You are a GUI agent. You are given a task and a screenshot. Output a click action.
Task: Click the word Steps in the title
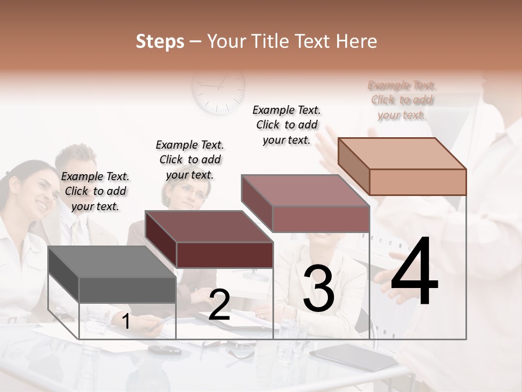160,41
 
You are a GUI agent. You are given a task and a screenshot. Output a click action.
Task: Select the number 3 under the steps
319,289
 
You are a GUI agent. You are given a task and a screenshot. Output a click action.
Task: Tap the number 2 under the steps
219,305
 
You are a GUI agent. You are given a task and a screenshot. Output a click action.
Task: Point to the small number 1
126,322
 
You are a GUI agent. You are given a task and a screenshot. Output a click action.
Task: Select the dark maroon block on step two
209,240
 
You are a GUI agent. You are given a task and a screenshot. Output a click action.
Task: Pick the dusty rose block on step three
306,204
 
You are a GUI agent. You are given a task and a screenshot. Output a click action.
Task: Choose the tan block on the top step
402,166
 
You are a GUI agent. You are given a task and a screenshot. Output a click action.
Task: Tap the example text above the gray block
95,191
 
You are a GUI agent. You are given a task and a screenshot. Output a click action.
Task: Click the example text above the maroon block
190,160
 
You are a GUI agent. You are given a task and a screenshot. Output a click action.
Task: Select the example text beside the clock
287,125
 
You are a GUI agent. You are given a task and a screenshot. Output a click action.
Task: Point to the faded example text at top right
402,100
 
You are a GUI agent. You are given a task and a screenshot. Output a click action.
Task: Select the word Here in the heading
357,41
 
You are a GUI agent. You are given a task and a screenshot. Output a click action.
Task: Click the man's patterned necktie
76,231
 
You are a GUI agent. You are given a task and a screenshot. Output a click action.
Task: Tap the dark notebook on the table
343,357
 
